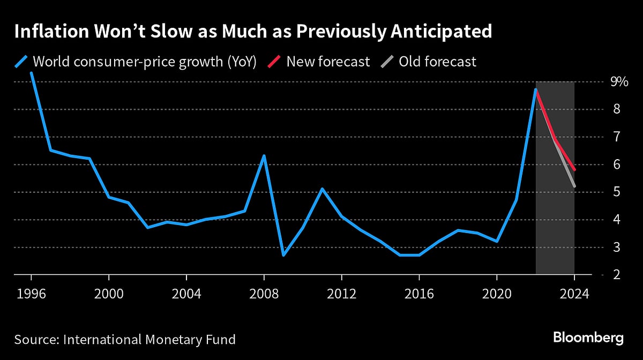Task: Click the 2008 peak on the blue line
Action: coord(264,156)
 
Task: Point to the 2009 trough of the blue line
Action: coord(283,255)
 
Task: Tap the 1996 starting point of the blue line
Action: coord(31,73)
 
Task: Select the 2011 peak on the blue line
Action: coord(322,189)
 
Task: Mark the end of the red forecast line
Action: coord(574,170)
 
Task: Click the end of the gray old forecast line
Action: coord(574,186)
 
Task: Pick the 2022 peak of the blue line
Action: coord(535,89)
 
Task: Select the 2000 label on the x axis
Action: coord(109,294)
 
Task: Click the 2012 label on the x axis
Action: coord(341,294)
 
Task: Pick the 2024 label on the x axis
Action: coord(574,294)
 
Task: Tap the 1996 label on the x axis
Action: coord(31,294)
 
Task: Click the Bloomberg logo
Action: coord(588,338)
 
